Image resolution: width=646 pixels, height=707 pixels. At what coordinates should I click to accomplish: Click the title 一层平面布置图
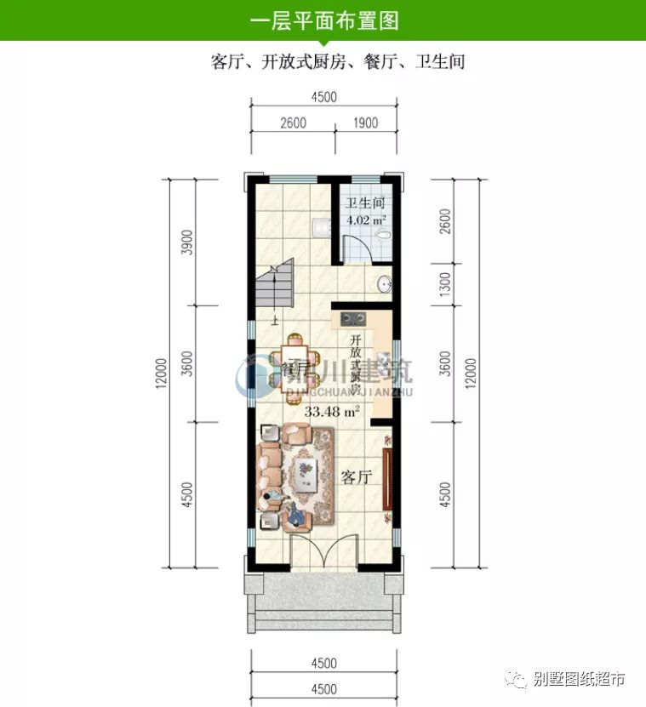(x=323, y=20)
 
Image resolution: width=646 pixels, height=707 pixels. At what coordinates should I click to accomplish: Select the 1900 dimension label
(x=364, y=123)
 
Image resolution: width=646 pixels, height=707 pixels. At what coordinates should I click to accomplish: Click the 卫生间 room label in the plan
(x=366, y=204)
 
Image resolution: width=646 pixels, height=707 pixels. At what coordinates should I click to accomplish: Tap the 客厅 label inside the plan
(x=357, y=477)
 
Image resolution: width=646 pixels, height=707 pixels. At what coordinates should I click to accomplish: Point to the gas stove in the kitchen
(x=353, y=320)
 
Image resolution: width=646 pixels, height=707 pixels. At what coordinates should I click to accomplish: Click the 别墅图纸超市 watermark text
(x=579, y=678)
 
